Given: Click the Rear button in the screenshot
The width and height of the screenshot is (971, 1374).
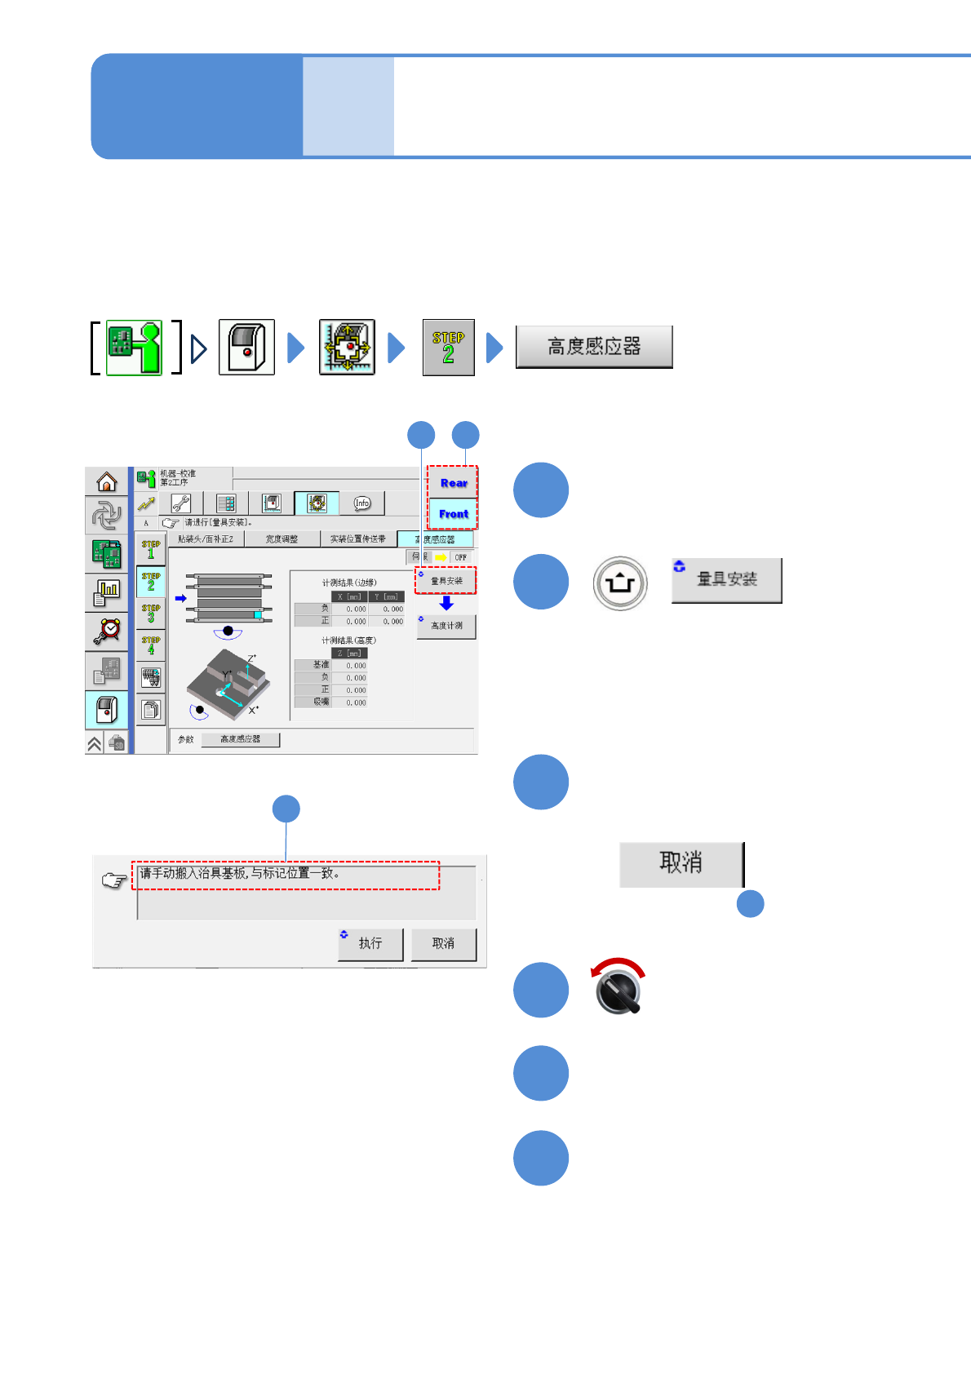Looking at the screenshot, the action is pos(453,483).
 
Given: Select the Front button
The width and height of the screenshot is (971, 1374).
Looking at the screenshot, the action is pos(453,514).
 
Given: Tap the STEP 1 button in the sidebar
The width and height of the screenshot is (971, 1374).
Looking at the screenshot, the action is pos(151,549).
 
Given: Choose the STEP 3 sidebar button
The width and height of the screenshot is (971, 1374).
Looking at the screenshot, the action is pos(151,614).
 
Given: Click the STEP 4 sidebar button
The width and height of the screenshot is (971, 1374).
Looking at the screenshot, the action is pos(151,645).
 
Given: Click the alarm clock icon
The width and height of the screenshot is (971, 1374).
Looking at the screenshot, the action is pos(107,631).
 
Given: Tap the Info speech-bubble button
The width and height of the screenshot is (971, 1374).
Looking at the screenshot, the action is pos(361,503).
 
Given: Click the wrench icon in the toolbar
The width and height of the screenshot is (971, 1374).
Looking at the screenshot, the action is pos(181,503).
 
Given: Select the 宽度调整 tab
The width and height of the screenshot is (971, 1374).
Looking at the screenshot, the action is pos(282,539).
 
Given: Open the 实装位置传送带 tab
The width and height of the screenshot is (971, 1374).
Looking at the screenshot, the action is pos(357,539).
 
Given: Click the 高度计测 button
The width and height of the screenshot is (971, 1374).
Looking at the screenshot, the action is pos(446,626).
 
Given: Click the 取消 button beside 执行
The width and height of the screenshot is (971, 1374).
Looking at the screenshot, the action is pos(443,944).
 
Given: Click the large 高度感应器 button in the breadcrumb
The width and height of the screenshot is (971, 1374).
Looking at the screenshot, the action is pos(594,347).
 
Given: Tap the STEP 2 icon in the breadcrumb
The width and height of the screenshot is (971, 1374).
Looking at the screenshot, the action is pos(448,348).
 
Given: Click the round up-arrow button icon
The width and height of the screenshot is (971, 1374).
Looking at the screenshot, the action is pos(620,583).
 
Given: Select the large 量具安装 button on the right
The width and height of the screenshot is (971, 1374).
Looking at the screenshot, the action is pos(726,580).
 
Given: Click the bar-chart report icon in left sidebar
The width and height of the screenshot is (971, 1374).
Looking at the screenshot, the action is pos(107,592).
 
